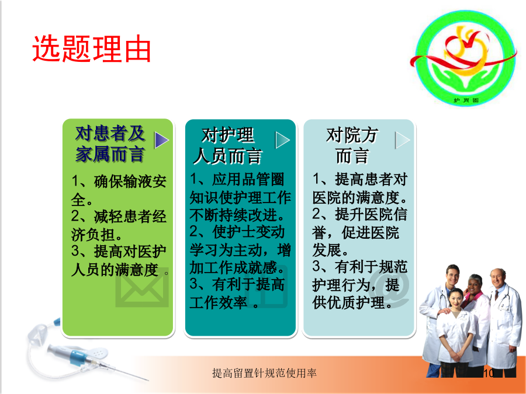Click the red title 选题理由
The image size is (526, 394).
coord(91,49)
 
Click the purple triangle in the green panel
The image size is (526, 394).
coord(161,140)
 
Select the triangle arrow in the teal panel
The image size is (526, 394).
coord(282,140)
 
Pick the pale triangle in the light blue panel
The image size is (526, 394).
coord(403,140)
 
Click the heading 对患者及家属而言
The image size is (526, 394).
coord(110,144)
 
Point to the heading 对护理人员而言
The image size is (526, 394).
coord(227,146)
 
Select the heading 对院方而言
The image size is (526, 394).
coord(352,146)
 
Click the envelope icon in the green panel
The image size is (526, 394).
coord(142,287)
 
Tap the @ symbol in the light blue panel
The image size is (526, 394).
coord(389,287)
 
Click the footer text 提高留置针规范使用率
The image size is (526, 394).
coord(264,373)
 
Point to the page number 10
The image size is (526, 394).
coord(488,373)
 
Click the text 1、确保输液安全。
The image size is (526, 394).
coord(119,190)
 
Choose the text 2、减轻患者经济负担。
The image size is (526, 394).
coord(119,225)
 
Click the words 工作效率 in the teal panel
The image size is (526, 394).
coord(218,302)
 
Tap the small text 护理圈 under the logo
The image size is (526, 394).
coord(466,100)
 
